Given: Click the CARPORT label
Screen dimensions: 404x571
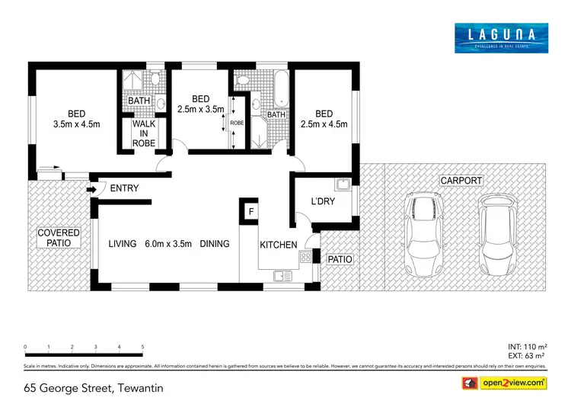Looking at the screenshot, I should coord(461,181).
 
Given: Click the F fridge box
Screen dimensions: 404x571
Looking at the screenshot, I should coord(248,210).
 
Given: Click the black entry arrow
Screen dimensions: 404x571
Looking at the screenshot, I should coord(92,189).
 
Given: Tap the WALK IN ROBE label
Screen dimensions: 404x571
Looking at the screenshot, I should coord(143,133).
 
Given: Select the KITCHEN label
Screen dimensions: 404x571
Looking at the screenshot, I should coord(279,245).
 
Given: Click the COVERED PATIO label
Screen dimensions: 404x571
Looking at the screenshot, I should coord(59,237).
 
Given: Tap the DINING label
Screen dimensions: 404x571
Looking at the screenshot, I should coord(215,245).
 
